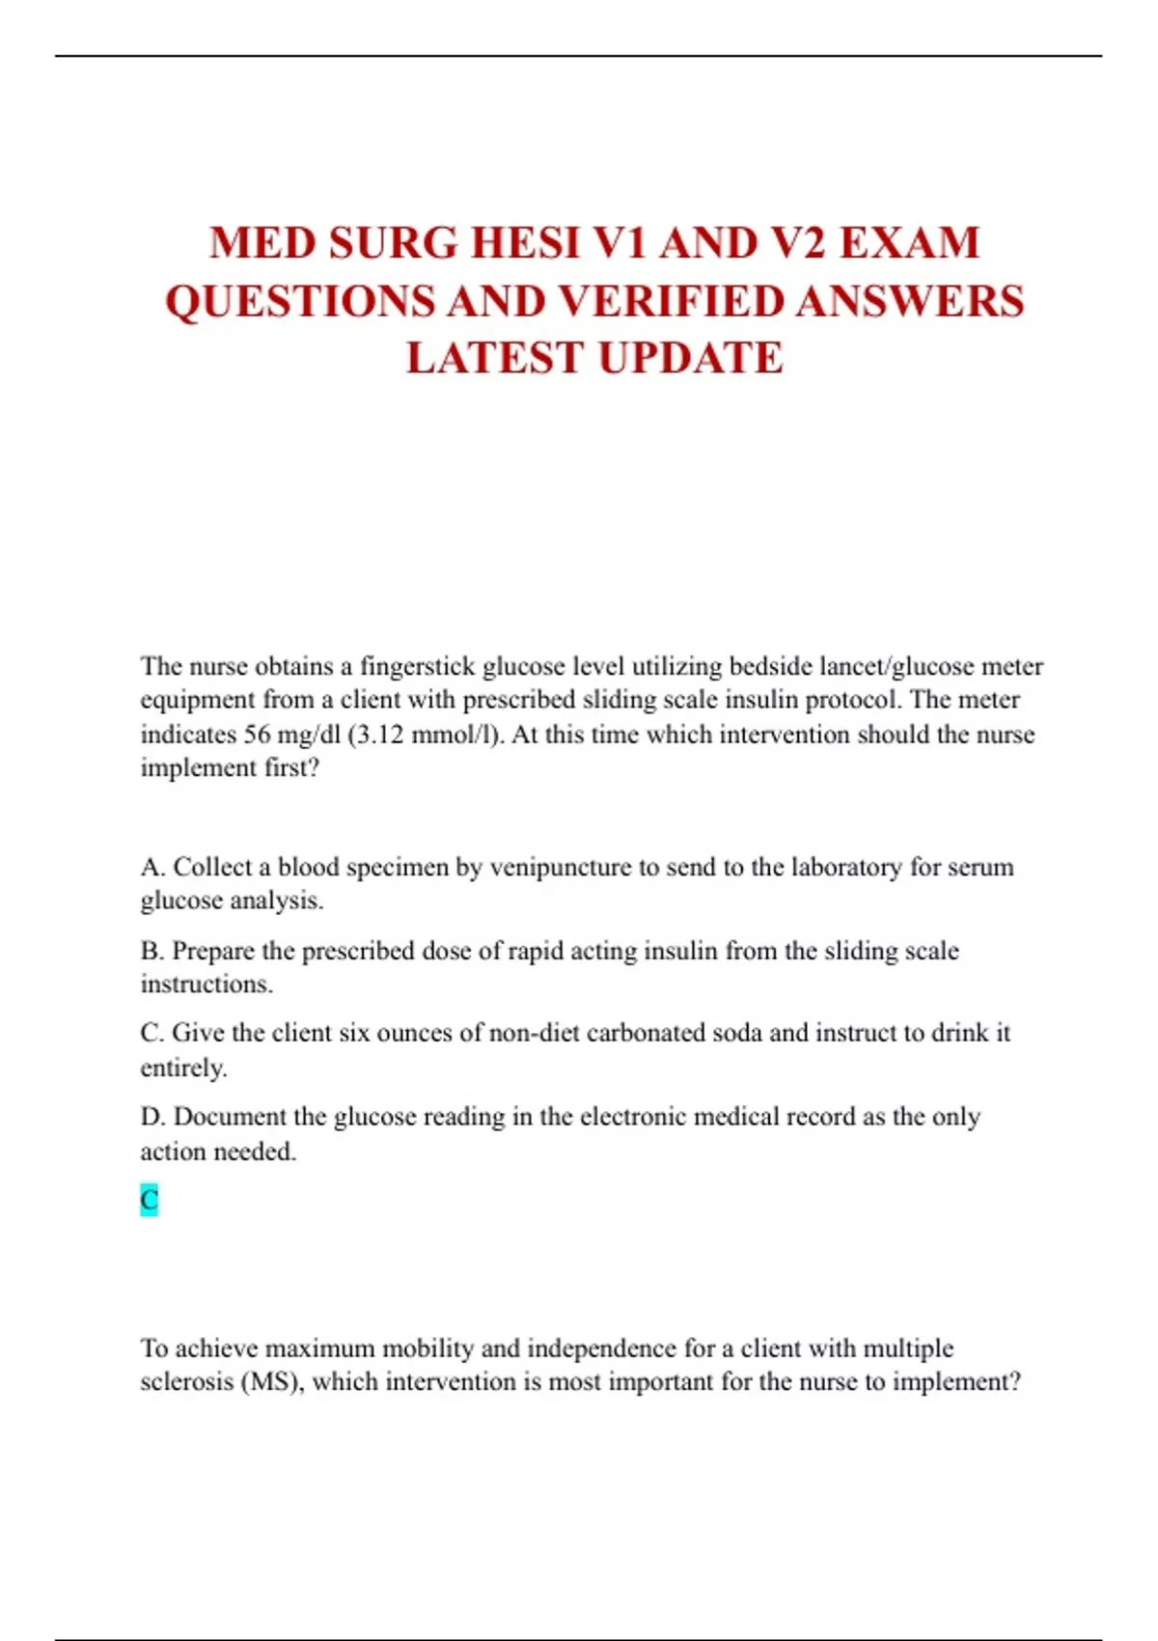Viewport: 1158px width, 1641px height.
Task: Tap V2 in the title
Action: click(x=798, y=243)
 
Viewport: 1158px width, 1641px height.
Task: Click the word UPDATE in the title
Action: click(x=690, y=358)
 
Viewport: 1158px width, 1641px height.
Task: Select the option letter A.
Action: click(x=152, y=867)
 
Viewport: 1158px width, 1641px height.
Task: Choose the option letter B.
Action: click(x=152, y=951)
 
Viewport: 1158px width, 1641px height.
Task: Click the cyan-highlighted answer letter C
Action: click(x=149, y=1200)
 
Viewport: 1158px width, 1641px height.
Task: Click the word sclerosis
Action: click(x=185, y=1381)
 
